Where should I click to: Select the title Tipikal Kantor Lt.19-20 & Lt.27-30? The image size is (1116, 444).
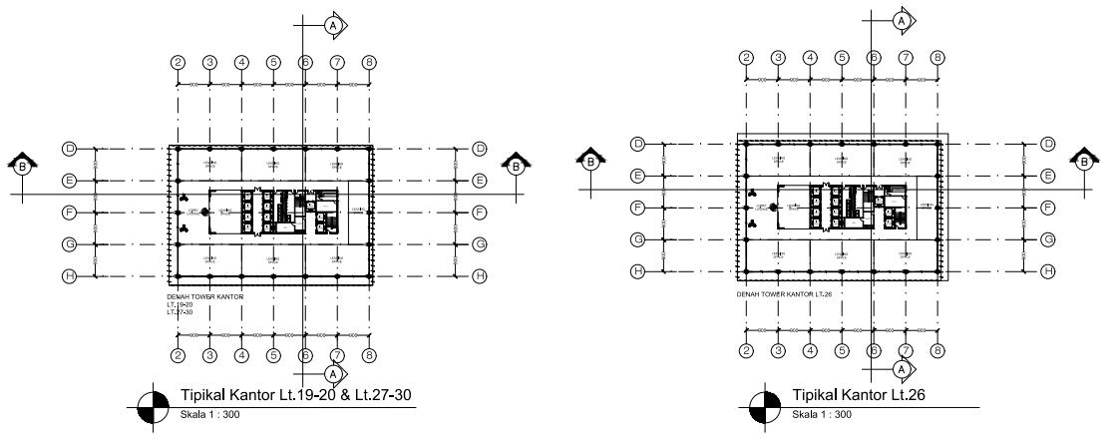pos(296,394)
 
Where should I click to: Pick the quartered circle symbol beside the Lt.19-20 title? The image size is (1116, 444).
pos(156,406)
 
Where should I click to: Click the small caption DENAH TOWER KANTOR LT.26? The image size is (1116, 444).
pos(783,294)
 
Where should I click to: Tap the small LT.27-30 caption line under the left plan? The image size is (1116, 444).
pos(180,313)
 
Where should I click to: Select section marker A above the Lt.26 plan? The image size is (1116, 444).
pos(902,20)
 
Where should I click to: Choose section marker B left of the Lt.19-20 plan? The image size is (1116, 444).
pos(23,166)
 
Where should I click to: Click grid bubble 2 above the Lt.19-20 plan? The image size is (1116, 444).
pos(179,62)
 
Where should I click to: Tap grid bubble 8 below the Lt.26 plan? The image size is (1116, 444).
pos(937,350)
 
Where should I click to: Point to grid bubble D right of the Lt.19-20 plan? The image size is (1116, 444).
pos(479,149)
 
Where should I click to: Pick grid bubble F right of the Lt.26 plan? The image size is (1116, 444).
pos(1047,208)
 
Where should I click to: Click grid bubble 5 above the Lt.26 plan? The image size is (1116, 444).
pos(842,57)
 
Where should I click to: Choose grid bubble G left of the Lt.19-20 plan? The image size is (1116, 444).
pos(70,243)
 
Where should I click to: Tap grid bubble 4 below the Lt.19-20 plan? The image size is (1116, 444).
pos(241,355)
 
